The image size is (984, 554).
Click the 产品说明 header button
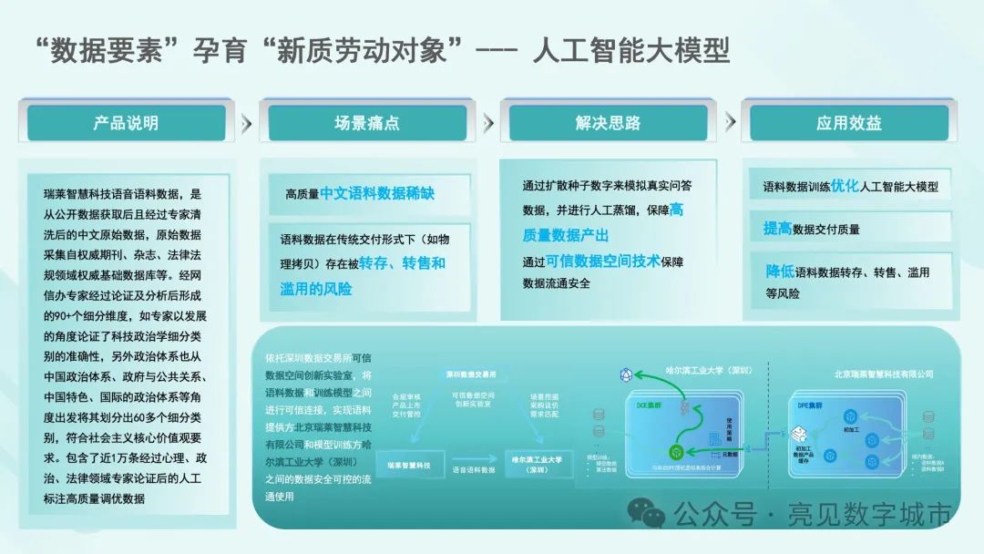click(x=126, y=123)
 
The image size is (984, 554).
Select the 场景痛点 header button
click(x=366, y=123)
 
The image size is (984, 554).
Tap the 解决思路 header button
click(x=608, y=123)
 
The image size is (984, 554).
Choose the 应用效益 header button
click(x=848, y=123)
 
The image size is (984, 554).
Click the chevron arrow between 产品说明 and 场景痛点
click(x=246, y=123)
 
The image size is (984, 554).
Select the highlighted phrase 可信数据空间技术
click(x=602, y=261)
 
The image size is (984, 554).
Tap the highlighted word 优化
click(x=845, y=186)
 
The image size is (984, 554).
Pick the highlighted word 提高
click(x=778, y=229)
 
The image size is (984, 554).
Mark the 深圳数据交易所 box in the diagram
click(x=471, y=374)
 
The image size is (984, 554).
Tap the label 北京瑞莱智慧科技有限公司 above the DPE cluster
click(x=883, y=374)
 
